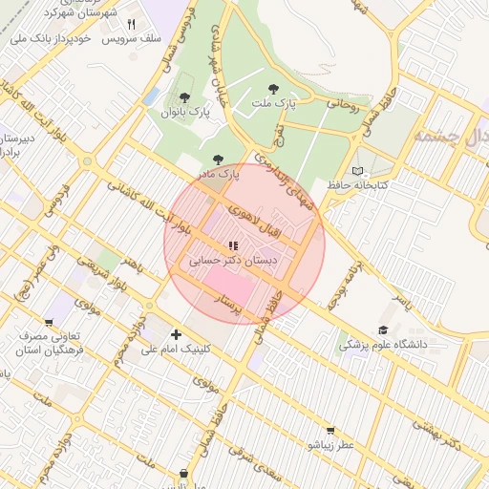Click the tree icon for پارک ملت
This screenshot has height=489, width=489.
[x=274, y=89]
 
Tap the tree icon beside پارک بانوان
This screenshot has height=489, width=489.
[x=183, y=97]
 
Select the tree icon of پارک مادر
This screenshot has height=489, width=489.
[x=217, y=160]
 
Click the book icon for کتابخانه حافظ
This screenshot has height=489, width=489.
[x=358, y=171]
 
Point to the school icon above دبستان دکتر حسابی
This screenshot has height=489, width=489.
[x=233, y=245]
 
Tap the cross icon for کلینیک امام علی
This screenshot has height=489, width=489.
[x=176, y=334]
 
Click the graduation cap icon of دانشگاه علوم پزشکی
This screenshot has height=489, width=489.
[x=383, y=330]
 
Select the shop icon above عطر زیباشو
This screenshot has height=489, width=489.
[x=330, y=431]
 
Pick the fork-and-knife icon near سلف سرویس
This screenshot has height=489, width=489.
[x=132, y=25]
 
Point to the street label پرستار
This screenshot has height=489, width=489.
[x=235, y=305]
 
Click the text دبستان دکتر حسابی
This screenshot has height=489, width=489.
[x=233, y=260]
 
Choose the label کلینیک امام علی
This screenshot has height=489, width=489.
[x=176, y=350]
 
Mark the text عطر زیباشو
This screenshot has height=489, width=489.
[x=330, y=445]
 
